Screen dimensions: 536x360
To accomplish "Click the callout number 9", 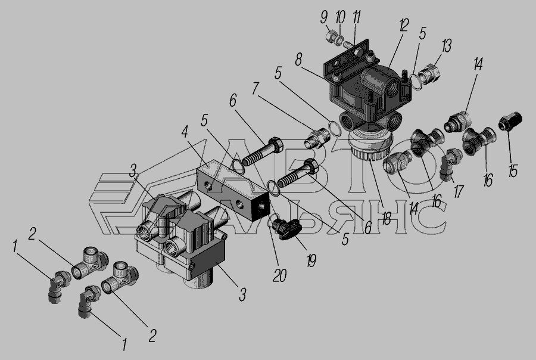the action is [324, 18].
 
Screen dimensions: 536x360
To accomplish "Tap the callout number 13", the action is [447, 46].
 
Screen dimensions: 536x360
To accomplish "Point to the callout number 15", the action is [513, 170].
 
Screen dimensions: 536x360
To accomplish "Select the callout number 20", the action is [279, 275].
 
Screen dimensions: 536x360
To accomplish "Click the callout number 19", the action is [311, 260].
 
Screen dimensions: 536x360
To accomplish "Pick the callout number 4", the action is [185, 132].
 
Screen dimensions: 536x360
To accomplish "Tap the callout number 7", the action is [255, 89].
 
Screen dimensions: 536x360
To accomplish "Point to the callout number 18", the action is [386, 219].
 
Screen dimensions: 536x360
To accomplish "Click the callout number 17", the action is [459, 191].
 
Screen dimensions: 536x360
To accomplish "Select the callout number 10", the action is [340, 17].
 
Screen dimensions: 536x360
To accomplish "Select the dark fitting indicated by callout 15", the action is [510, 122].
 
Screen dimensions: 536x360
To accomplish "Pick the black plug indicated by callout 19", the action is [286, 230].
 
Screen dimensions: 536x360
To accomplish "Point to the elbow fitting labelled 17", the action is [451, 163].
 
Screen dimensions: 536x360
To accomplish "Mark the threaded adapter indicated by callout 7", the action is [317, 138].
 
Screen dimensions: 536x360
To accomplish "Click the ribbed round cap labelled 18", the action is [371, 147].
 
